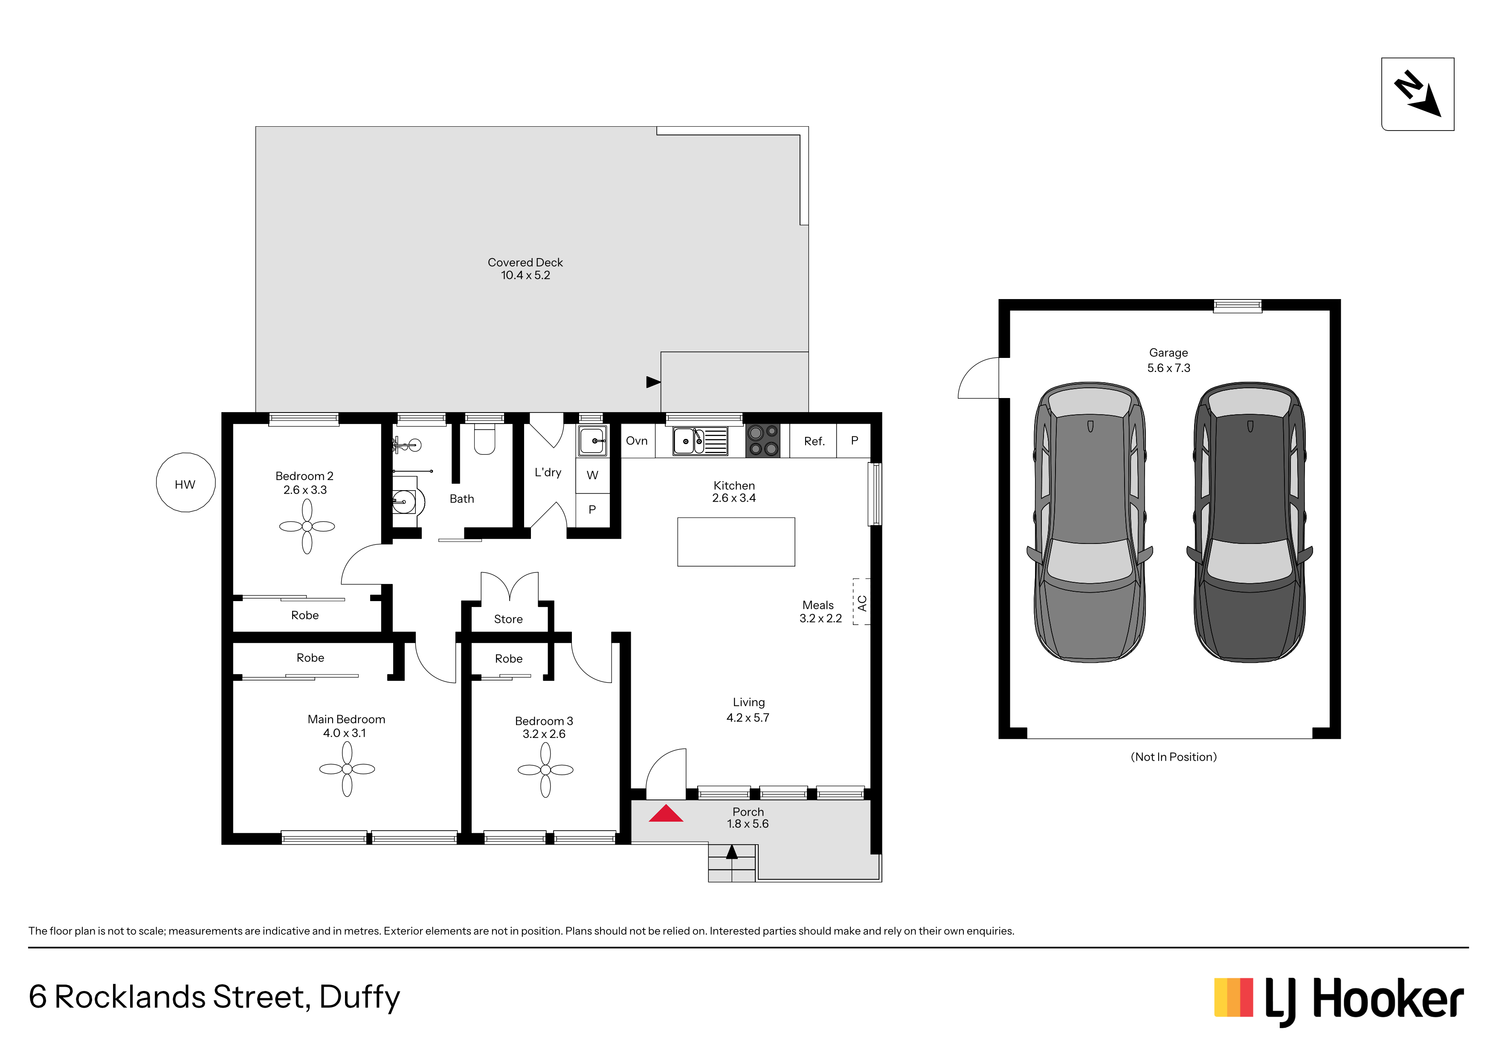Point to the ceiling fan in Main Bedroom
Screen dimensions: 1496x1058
click(x=347, y=769)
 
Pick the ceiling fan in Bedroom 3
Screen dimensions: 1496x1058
click(x=545, y=770)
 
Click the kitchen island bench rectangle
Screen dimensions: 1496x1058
click(x=736, y=542)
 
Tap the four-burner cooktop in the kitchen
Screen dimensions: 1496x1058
click(x=762, y=441)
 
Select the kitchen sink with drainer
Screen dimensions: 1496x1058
click(x=700, y=441)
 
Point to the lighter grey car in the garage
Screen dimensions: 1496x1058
click(x=1090, y=522)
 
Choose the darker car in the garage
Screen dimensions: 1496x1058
click(x=1250, y=522)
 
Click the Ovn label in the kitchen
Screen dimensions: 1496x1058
click(x=637, y=441)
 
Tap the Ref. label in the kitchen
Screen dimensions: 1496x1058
click(x=815, y=441)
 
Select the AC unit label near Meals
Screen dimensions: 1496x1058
click(x=862, y=603)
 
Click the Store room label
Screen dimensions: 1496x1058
click(x=508, y=619)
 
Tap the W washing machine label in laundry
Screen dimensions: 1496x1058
click(x=592, y=475)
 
